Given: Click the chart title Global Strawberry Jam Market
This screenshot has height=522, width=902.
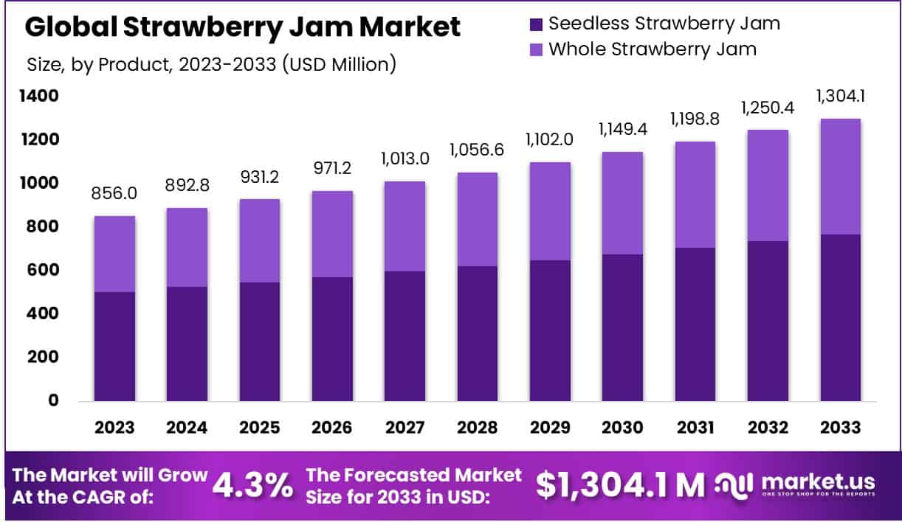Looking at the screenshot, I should pyautogui.click(x=243, y=27).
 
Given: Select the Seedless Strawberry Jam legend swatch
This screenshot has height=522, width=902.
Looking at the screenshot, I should pyautogui.click(x=536, y=24).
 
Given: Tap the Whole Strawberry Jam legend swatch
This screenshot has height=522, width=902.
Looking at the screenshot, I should pyautogui.click(x=536, y=50).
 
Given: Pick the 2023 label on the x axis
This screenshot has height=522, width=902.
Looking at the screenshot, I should pyautogui.click(x=114, y=428).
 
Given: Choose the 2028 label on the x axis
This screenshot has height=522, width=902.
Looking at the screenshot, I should pyautogui.click(x=476, y=428).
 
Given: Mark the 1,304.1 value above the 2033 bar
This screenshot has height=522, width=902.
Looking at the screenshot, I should pyautogui.click(x=840, y=97).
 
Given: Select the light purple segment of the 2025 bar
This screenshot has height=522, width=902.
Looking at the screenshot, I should pyautogui.click(x=258, y=240).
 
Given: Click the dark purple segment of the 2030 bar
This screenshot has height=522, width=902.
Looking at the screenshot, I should pyautogui.click(x=622, y=327).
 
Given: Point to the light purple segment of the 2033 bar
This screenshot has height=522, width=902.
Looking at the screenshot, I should pyautogui.click(x=840, y=176).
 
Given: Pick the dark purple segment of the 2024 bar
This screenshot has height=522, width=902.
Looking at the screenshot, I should pyautogui.click(x=186, y=344).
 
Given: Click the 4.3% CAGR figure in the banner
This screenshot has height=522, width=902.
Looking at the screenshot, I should pyautogui.click(x=252, y=485).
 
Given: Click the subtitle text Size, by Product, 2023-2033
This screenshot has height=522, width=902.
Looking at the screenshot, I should pyautogui.click(x=211, y=65).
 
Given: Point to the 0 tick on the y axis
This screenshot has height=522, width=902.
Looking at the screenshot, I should pyautogui.click(x=52, y=401).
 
